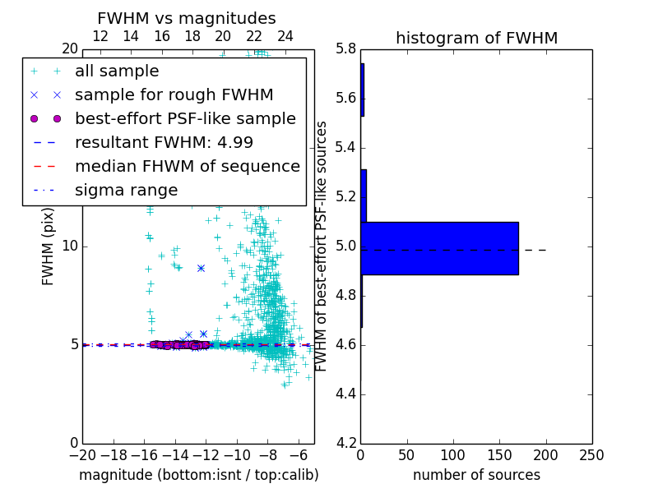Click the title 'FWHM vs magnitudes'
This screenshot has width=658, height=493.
[x=186, y=18]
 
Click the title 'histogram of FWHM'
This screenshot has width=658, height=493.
[x=476, y=38]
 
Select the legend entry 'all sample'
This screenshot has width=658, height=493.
[x=117, y=71]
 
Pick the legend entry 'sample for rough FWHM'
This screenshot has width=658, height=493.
[x=174, y=95]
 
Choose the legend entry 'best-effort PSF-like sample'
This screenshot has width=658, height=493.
[x=185, y=119]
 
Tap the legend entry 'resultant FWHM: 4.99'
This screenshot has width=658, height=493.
[x=164, y=143]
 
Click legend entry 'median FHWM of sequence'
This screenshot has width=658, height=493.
[x=187, y=167]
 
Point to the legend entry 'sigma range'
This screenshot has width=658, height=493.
[x=126, y=191]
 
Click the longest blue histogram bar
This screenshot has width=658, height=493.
[x=439, y=248]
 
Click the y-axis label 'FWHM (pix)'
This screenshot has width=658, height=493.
[x=49, y=246]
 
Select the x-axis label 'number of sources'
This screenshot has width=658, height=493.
[x=476, y=475]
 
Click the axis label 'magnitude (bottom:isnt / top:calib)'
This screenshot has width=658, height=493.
[x=198, y=475]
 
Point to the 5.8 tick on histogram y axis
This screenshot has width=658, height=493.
[x=345, y=48]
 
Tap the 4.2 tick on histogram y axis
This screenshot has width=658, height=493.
[x=345, y=443]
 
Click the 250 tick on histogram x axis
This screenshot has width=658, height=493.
[x=591, y=455]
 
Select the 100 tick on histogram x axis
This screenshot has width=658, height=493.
[x=453, y=455]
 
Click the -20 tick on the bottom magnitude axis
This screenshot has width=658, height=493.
[x=82, y=455]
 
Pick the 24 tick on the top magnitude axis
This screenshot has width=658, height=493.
[x=285, y=36]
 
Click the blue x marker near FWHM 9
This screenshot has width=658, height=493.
[x=201, y=268]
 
